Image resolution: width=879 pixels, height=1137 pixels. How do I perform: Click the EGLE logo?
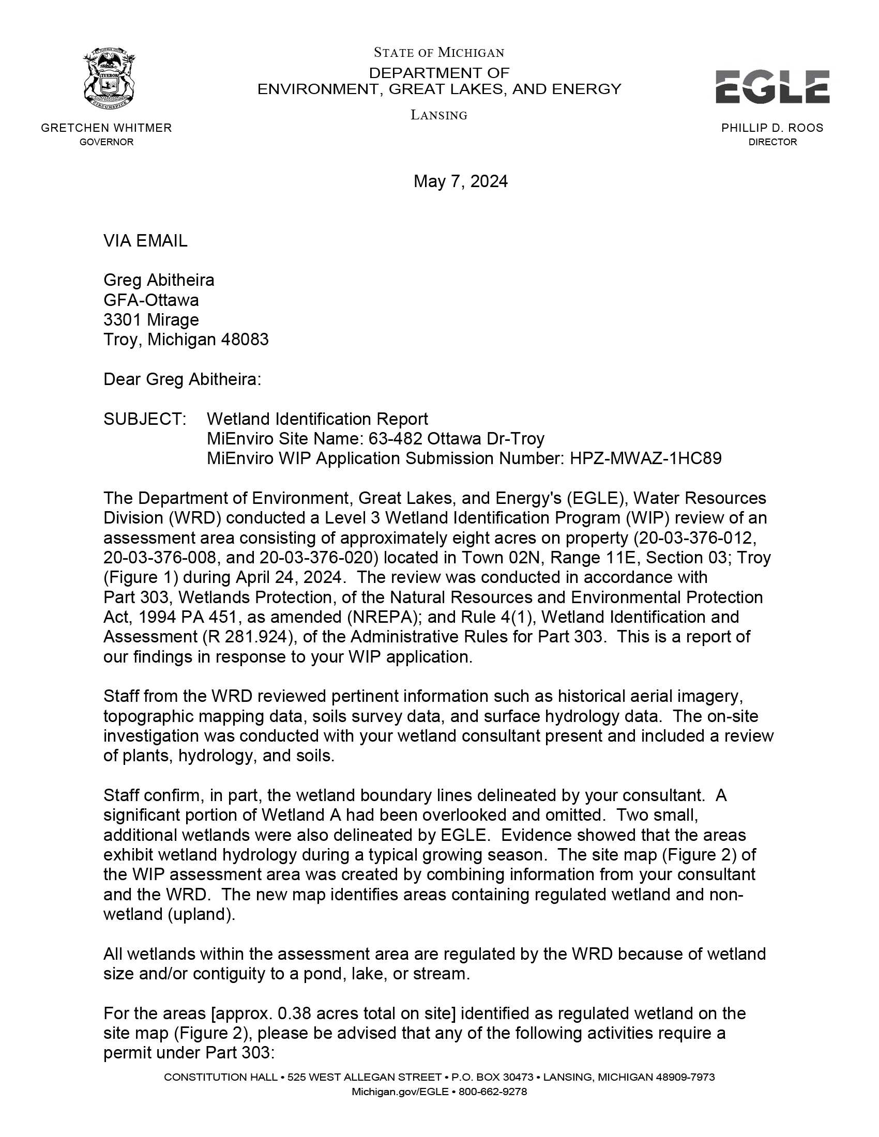[x=772, y=87]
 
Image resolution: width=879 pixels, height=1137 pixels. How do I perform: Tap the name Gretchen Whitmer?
[x=106, y=128]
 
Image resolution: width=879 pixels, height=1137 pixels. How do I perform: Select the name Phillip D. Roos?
[x=772, y=128]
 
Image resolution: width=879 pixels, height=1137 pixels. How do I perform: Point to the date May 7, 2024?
[x=460, y=181]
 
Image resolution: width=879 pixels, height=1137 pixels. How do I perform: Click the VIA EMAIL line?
[x=145, y=241]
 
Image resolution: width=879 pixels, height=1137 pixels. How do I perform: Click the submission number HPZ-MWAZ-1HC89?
[x=646, y=458]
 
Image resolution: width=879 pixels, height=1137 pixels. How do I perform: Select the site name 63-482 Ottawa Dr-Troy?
[x=456, y=439]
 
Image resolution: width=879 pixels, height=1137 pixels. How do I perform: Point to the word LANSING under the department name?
[x=439, y=115]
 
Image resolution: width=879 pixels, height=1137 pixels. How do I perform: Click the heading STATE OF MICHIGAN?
[x=439, y=53]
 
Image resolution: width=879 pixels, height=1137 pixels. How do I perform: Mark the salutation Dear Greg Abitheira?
[x=182, y=379]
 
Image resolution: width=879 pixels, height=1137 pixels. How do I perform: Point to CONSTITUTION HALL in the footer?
[x=220, y=1077]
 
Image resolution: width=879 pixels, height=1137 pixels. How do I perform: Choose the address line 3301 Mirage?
[x=151, y=319]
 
